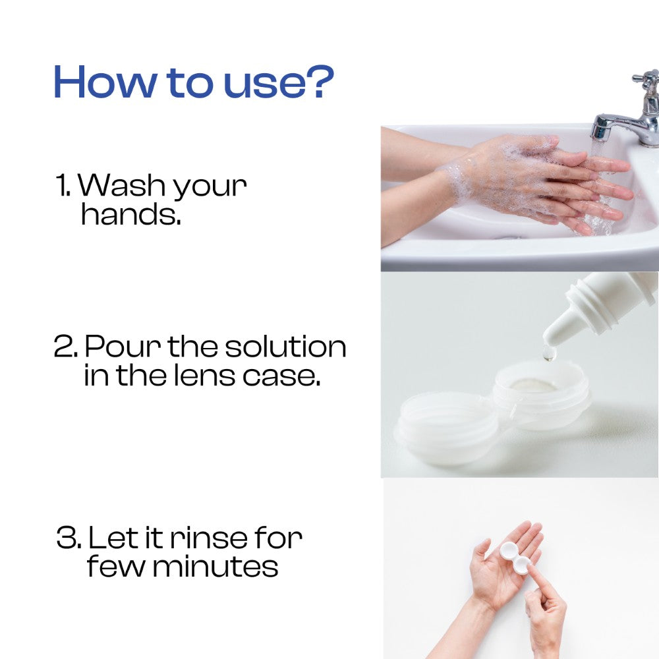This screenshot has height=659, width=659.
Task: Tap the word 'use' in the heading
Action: coord(262,86)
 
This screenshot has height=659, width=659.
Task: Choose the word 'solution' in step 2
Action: coord(285,346)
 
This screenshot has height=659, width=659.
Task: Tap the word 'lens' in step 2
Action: coord(204,374)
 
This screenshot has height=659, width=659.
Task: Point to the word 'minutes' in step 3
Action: coord(215,567)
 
